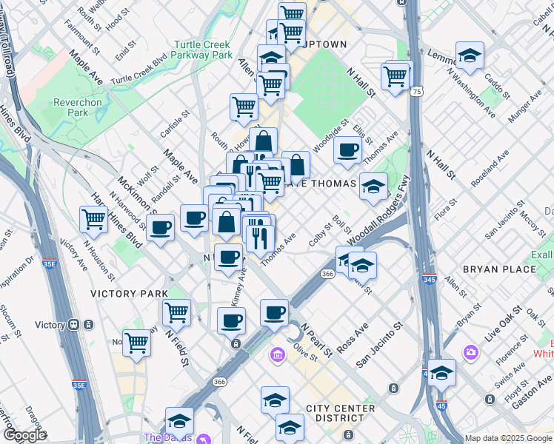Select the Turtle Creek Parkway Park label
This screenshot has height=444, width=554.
coord(201,50)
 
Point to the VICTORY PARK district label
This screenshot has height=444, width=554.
coord(129,294)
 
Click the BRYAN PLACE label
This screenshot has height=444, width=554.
coord(498,269)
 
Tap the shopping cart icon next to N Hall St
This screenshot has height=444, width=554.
coord(396,75)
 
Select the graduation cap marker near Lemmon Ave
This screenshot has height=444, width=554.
coord(469,56)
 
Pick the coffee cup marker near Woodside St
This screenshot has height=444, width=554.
coord(347,150)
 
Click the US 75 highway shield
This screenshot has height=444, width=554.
coord(418,91)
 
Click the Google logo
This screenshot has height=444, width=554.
coord(24,435)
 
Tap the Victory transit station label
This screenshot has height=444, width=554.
coord(50,325)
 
